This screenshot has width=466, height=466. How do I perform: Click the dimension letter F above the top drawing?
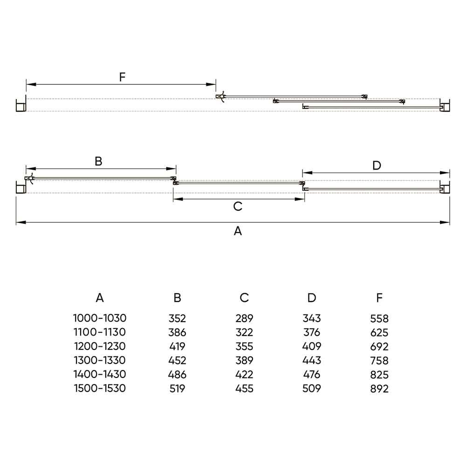click(122, 77)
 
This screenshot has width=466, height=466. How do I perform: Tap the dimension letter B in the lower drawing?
click(98, 161)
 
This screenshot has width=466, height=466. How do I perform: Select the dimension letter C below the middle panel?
click(238, 206)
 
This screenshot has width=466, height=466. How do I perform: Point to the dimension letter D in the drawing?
click(377, 165)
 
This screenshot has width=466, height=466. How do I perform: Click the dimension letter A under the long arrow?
click(238, 231)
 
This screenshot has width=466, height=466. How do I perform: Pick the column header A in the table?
click(100, 297)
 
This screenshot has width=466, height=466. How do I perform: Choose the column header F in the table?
click(379, 297)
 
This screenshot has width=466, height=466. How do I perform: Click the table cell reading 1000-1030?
click(100, 318)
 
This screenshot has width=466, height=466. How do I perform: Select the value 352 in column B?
click(177, 318)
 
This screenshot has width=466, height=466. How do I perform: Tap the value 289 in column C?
click(244, 318)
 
